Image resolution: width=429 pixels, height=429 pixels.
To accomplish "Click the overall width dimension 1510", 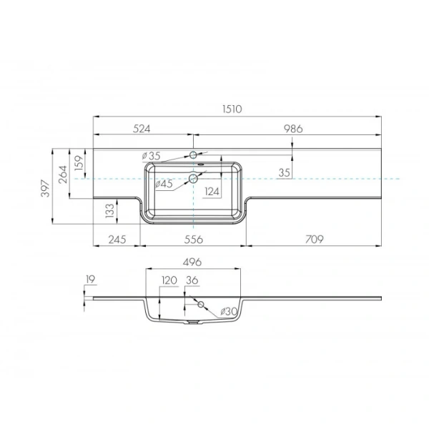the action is pyautogui.click(x=232, y=109).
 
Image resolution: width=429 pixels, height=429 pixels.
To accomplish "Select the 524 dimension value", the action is pyautogui.click(x=142, y=129).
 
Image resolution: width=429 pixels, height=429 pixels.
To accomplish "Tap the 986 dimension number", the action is pyautogui.click(x=293, y=129).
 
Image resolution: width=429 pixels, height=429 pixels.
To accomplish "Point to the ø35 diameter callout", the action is pyautogui.click(x=152, y=156).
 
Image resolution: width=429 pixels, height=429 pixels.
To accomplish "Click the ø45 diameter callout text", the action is pyautogui.click(x=164, y=184).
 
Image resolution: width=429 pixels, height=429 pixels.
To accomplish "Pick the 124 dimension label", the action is pyautogui.click(x=212, y=192).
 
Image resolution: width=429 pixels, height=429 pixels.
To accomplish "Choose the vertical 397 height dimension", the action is pyautogui.click(x=46, y=188).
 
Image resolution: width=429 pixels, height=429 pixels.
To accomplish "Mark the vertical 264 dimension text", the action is pyautogui.click(x=63, y=174).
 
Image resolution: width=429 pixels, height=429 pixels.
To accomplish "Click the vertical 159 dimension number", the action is pyautogui.click(x=79, y=163).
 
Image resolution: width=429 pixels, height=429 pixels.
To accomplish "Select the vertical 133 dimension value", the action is pyautogui.click(x=109, y=211).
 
